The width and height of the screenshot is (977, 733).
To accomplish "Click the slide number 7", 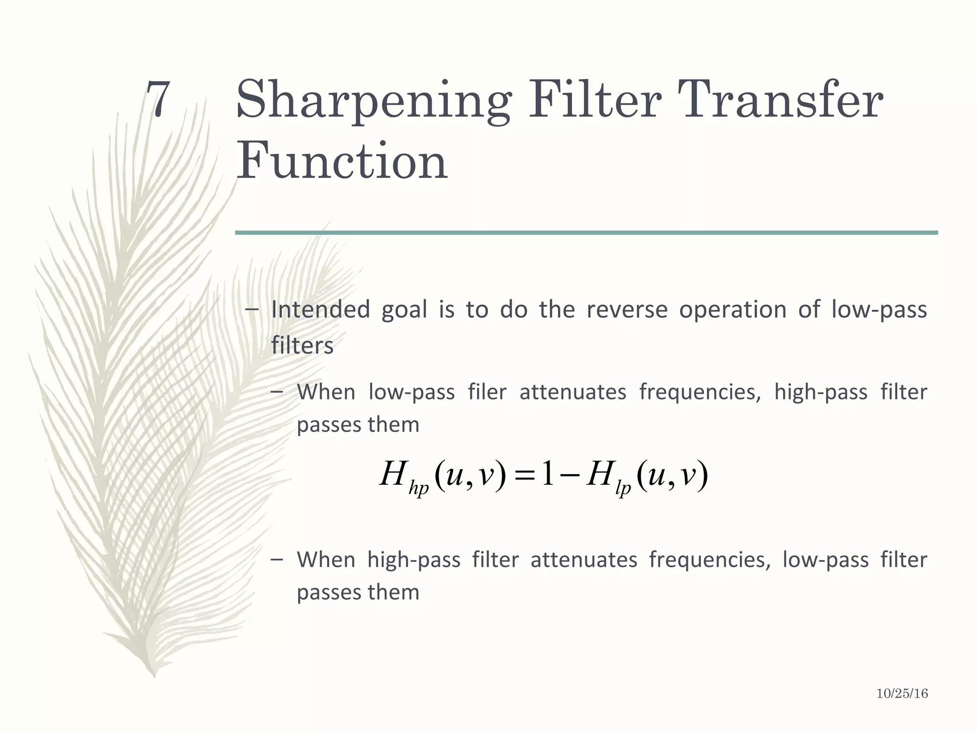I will [158, 99].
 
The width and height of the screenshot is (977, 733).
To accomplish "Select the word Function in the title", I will [342, 161].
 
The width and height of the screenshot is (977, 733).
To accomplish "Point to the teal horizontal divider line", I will [586, 232].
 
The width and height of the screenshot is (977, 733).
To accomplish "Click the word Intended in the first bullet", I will [321, 309].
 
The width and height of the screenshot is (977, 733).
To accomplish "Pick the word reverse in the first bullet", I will [627, 309].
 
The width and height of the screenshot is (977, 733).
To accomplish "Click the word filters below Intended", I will [302, 345].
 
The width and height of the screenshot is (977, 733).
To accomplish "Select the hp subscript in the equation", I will [419, 489].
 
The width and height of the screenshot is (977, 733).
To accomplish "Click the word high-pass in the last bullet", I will [414, 559].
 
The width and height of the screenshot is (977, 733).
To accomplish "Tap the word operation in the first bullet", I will [732, 310].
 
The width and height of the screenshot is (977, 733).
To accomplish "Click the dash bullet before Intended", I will [251, 309].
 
